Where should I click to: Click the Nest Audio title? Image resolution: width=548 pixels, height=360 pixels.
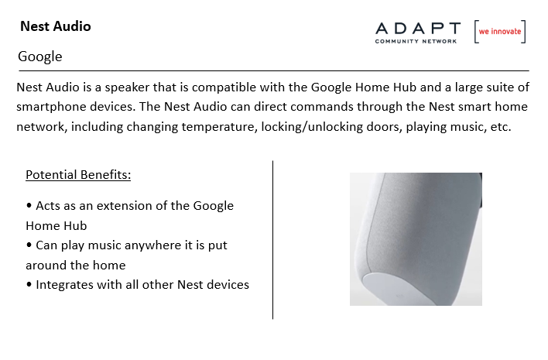click(x=56, y=26)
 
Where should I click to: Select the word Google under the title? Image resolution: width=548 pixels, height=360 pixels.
click(x=39, y=57)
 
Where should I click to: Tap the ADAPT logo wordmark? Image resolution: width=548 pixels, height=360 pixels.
click(x=418, y=29)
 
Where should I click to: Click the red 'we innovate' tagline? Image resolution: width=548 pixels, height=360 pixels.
click(x=500, y=32)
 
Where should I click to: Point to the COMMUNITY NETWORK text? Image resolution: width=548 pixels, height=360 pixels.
click(x=416, y=41)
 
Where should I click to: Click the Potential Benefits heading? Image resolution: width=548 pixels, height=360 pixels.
click(x=78, y=175)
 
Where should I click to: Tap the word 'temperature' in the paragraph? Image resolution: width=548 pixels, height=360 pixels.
click(x=220, y=127)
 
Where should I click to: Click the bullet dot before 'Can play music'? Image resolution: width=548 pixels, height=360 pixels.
click(x=29, y=245)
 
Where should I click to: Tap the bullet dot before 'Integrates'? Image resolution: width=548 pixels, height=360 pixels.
click(x=29, y=284)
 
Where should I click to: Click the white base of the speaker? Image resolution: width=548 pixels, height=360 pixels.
click(x=395, y=288)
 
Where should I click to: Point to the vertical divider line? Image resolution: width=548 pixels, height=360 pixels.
click(x=272, y=240)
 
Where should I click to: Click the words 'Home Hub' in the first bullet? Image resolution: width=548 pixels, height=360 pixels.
click(x=57, y=226)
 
